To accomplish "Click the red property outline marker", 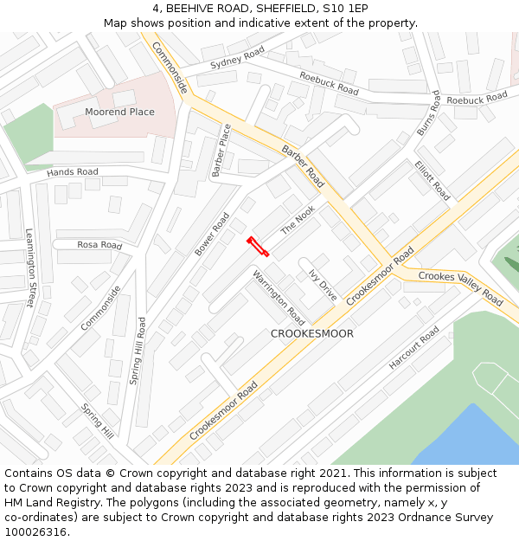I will tap(258, 247).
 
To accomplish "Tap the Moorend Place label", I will tap(119, 112).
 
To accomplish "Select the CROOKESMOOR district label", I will tap(312, 333).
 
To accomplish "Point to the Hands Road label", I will tap(73, 172).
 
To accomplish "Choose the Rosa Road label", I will tap(99, 245).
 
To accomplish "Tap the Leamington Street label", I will tap(29, 268).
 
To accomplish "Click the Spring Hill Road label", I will tap(138, 351).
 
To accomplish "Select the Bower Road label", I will tap(212, 235).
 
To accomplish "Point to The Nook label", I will tap(298, 220).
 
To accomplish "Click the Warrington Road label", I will tap(278, 296).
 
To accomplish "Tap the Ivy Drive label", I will tap(323, 285).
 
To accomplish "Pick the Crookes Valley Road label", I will tap(460, 288).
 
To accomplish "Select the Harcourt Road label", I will tap(414, 349).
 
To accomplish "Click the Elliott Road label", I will tap(432, 180).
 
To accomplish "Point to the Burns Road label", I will tap(428, 113).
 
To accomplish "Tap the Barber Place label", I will tap(222, 150).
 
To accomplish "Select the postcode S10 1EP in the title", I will tap(347, 8).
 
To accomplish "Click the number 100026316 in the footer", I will tap(35, 531).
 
